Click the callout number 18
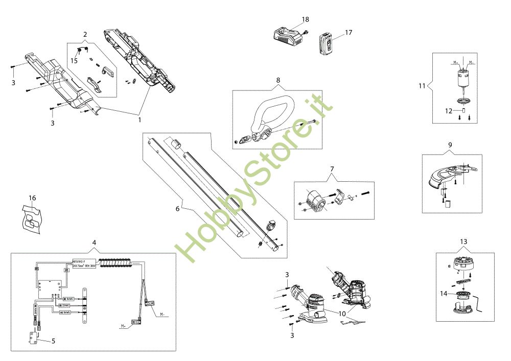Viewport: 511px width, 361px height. coord(306,19)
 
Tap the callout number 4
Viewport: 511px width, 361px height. coord(94,242)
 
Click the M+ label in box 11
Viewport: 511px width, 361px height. coord(455,63)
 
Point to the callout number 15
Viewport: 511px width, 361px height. coord(74,60)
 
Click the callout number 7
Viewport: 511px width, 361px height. coord(332,169)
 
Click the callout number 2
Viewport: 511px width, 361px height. coord(85,34)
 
